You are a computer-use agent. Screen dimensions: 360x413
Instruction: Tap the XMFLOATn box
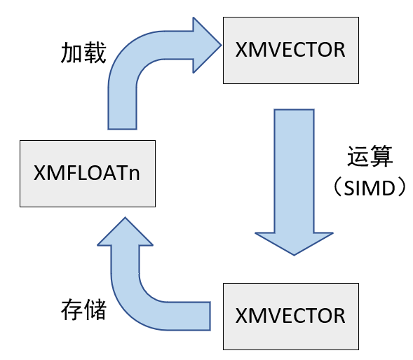[86, 173]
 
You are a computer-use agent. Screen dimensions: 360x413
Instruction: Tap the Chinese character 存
[72, 309]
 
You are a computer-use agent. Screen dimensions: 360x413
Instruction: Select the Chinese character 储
[94, 309]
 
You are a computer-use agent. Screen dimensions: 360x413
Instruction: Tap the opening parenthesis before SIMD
[339, 187]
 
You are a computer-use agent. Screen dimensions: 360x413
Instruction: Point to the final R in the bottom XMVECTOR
[339, 315]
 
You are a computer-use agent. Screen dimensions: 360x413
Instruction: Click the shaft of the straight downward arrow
[292, 168]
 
